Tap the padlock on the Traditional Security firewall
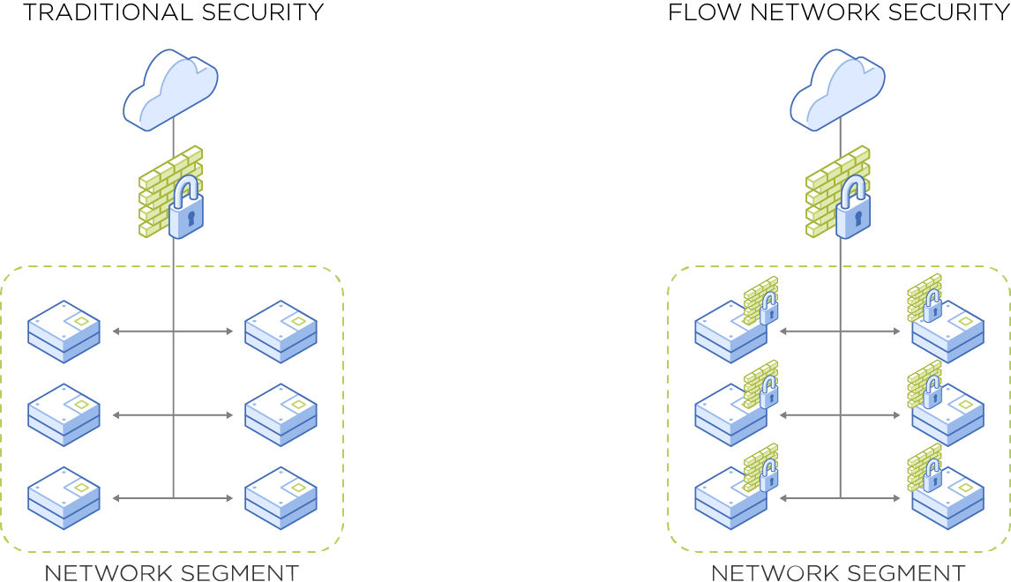tap(185, 207)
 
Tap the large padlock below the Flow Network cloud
tap(852, 207)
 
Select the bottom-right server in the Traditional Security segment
tap(281, 498)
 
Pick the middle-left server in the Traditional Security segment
tap(64, 414)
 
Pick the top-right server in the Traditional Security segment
tap(281, 332)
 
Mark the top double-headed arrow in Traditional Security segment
tap(173, 332)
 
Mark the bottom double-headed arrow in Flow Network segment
tap(840, 498)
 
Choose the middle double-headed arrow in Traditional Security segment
tap(173, 414)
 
